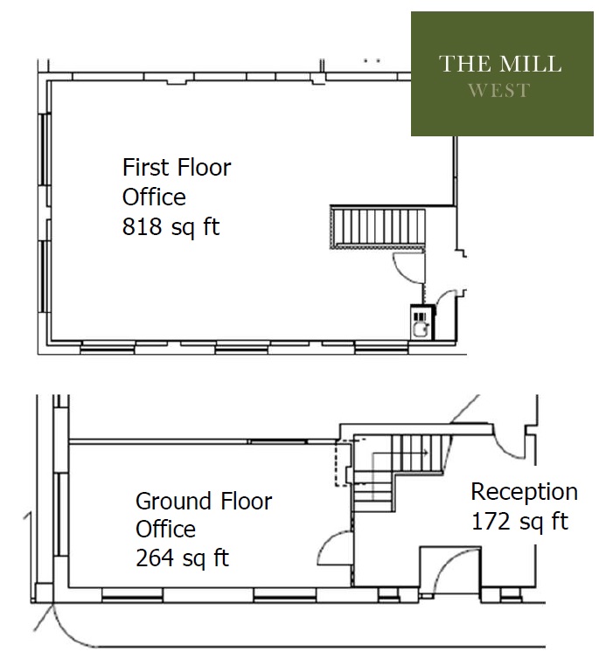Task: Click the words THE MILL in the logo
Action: [500, 64]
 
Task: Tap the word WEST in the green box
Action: [499, 90]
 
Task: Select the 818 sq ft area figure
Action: [171, 226]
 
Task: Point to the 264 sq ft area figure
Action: [182, 558]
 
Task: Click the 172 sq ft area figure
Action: [519, 521]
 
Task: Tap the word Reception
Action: [525, 493]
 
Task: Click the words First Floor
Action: [177, 167]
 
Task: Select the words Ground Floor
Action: [204, 502]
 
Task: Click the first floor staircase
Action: [378, 227]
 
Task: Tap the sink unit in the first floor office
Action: [422, 322]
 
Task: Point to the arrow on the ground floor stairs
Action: [400, 453]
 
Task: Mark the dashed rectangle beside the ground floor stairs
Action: [344, 463]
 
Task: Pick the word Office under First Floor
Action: [154, 197]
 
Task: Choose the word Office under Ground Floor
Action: [165, 530]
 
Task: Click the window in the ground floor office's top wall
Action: [278, 441]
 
